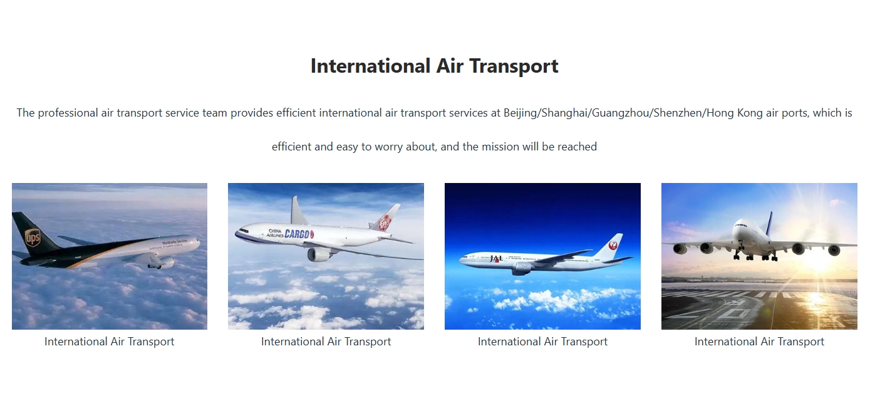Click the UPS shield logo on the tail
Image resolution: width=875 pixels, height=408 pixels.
pos(33,238)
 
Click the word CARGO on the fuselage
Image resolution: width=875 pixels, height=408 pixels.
pos(298,234)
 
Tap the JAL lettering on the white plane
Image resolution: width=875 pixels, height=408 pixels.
pos(496,258)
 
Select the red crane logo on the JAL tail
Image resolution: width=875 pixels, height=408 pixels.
pos(613,246)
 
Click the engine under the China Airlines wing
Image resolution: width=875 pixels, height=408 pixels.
pos(319,254)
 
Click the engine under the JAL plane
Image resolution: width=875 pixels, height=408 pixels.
pos(522,268)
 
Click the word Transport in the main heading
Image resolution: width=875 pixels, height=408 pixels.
pos(514,66)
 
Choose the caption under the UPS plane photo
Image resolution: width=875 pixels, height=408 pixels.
pos(110,342)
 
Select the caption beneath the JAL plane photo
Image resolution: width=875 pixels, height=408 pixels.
pos(542,342)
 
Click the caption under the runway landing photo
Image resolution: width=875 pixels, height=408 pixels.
pos(759,342)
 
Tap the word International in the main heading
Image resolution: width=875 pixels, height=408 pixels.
pos(370,66)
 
